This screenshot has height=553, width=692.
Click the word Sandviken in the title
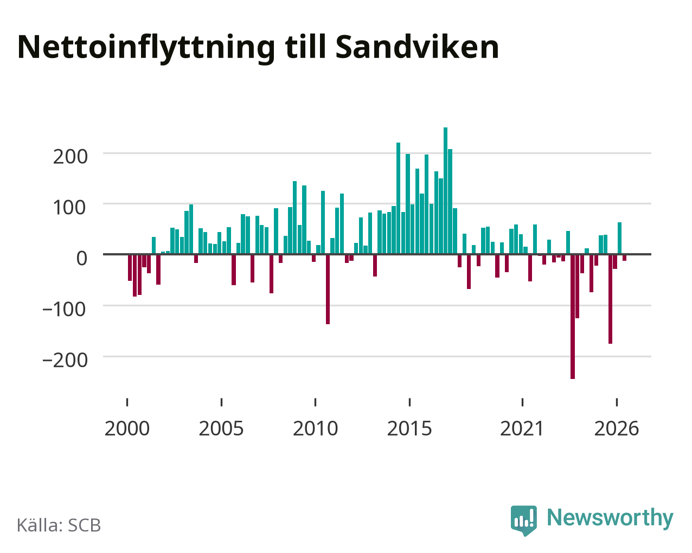click(417, 47)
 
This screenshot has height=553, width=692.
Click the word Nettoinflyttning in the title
click(146, 49)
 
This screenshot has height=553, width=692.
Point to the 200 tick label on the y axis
click(70, 157)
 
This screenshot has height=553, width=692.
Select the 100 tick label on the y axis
click(70, 207)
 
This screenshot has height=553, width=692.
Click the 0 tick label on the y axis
click(82, 258)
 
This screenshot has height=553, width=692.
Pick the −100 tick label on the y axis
click(65, 309)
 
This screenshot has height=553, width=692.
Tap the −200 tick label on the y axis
click(65, 360)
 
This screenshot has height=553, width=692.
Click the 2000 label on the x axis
click(127, 428)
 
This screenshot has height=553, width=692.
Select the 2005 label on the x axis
click(221, 428)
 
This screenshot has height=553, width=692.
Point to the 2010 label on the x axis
click(316, 428)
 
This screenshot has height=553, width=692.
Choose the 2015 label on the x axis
click(409, 428)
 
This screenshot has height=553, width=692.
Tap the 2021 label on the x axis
click(522, 428)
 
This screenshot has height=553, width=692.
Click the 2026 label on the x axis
click(617, 428)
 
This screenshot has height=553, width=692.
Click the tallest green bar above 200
click(445, 191)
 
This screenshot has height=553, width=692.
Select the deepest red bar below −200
click(573, 317)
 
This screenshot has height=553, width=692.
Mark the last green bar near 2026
click(619, 238)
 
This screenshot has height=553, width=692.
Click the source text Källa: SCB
click(59, 525)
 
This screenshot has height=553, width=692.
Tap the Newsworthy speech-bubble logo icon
click(524, 520)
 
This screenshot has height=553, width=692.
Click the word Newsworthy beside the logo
click(610, 518)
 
